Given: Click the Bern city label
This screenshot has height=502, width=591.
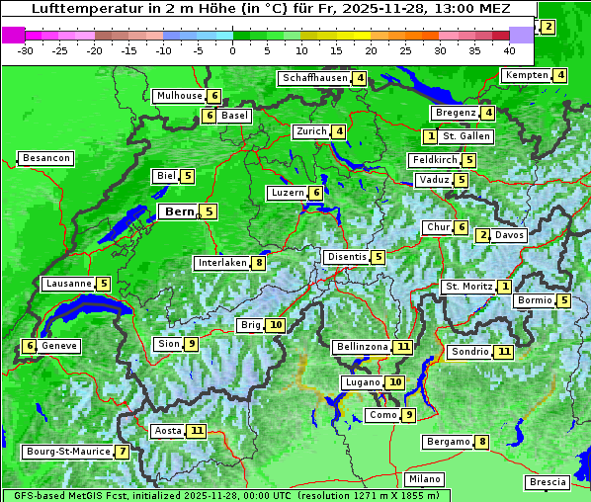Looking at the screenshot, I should pyautogui.click(x=179, y=211).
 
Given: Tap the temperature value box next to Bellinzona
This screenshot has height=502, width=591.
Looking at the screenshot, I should pyautogui.click(x=402, y=347).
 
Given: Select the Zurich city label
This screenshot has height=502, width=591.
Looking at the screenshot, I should pyautogui.click(x=311, y=131).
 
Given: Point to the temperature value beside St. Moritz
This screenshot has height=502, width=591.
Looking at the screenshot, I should pyautogui.click(x=504, y=287).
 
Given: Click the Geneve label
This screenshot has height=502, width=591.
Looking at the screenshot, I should pyautogui.click(x=59, y=346).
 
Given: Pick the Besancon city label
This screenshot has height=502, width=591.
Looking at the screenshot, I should pyautogui.click(x=46, y=158).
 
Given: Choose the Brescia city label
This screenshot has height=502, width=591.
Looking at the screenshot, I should pyautogui.click(x=548, y=482).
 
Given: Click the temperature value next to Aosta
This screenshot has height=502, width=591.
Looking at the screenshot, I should pyautogui.click(x=197, y=431).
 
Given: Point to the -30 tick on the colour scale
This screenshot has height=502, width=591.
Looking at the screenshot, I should pyautogui.click(x=26, y=49).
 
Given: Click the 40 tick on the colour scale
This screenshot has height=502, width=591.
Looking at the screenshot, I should pyautogui.click(x=509, y=49).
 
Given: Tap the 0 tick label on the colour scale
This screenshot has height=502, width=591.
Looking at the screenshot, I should pyautogui.click(x=233, y=49).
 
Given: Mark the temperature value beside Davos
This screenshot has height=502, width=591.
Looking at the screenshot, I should pyautogui.click(x=483, y=235).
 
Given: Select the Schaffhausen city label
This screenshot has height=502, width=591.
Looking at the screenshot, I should pyautogui.click(x=315, y=78).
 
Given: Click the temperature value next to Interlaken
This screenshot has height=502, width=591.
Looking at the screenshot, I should pyautogui.click(x=258, y=263).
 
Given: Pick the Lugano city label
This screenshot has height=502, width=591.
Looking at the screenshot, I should pyautogui.click(x=363, y=382).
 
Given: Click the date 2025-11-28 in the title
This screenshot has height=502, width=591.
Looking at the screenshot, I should pyautogui.click(x=403, y=8).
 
